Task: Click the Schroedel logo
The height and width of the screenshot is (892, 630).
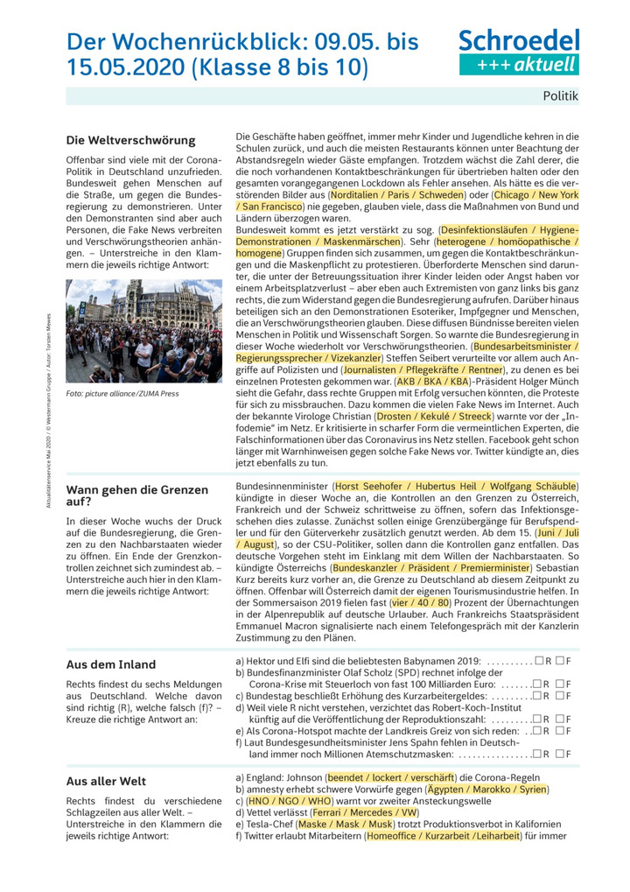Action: coord(518,51)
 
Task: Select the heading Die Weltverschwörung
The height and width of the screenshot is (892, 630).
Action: coord(131,140)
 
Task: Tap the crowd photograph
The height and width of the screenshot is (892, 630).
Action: coord(144,331)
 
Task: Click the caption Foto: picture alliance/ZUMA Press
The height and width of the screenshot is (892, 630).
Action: coord(122,394)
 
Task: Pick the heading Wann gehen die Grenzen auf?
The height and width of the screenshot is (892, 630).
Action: coord(137,495)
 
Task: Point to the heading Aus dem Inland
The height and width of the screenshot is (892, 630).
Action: coord(111,664)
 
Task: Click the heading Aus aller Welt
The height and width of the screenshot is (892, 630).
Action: coord(107,781)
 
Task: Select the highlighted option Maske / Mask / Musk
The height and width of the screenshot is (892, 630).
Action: coord(347,825)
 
